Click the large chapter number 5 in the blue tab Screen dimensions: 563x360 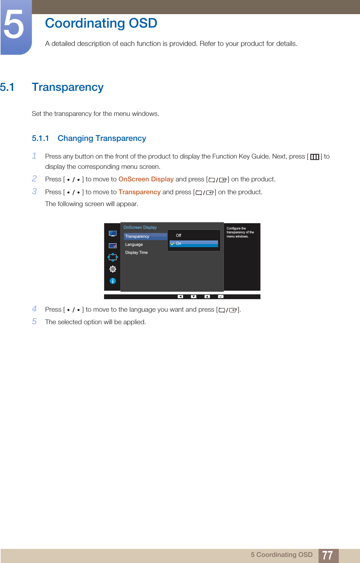[14, 25]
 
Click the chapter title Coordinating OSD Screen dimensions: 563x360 [101, 23]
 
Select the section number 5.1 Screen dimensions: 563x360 [7, 87]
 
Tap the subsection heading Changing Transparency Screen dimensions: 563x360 [102, 138]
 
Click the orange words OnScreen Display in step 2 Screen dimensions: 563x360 [146, 179]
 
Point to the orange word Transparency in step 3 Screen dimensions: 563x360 [139, 192]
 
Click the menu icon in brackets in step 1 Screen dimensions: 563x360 [314, 157]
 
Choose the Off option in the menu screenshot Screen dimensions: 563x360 [179, 236]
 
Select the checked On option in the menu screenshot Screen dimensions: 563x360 [179, 244]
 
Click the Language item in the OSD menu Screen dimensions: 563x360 [134, 245]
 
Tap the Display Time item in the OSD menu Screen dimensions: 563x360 [136, 253]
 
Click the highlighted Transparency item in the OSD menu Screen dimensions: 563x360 [137, 237]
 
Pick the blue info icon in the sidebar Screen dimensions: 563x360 [113, 281]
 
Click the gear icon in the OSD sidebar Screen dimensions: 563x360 [113, 269]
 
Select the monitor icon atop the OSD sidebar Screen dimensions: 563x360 [113, 233]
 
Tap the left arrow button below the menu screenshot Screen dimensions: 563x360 [180, 297]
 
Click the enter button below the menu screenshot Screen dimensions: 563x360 [221, 297]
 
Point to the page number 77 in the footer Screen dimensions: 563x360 [327, 555]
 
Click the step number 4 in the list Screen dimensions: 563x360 [34, 309]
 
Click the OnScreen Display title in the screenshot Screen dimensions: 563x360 [140, 228]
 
